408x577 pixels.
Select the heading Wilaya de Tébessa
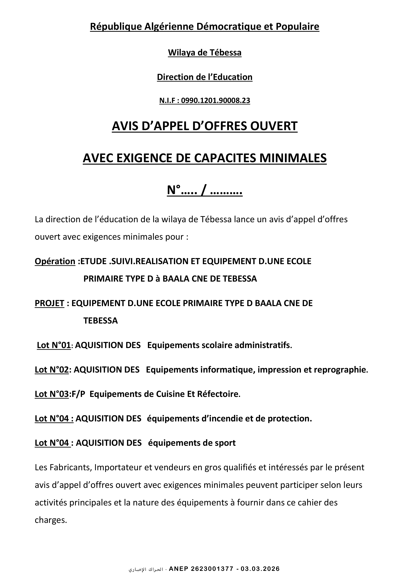click(x=205, y=53)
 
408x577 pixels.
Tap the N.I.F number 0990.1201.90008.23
click(x=216, y=101)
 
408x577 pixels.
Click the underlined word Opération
click(x=55, y=261)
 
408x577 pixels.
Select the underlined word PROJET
click(x=50, y=303)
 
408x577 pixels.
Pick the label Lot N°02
click(x=52, y=370)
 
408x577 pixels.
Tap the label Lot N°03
click(x=52, y=394)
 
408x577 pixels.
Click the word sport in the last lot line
click(x=225, y=443)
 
